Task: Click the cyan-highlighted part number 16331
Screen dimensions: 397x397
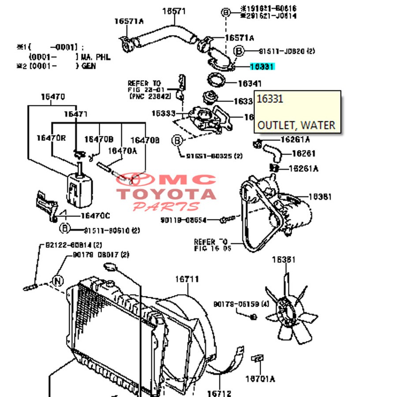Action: pos(262,67)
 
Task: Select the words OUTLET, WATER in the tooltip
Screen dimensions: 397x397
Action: pos(296,125)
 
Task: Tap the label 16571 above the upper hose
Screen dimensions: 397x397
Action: pos(174,11)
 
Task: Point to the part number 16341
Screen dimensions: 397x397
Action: pos(250,83)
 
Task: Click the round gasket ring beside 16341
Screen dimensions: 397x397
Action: pos(216,82)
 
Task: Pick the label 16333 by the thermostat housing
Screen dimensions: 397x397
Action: pos(164,113)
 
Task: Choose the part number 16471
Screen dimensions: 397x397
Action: pos(76,114)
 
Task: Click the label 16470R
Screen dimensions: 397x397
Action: pos(51,138)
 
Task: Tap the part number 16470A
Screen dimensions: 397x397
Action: pos(123,150)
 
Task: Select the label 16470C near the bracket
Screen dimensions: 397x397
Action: pos(95,215)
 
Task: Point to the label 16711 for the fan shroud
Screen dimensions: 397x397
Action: pos(187,279)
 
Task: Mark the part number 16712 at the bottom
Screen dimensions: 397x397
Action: pos(219,393)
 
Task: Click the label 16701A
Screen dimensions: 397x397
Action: pos(260,378)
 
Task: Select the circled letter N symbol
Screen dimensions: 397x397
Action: pos(58,280)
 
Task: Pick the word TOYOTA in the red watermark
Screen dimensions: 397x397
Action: pos(166,194)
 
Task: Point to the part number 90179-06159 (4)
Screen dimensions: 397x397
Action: pos(241,304)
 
